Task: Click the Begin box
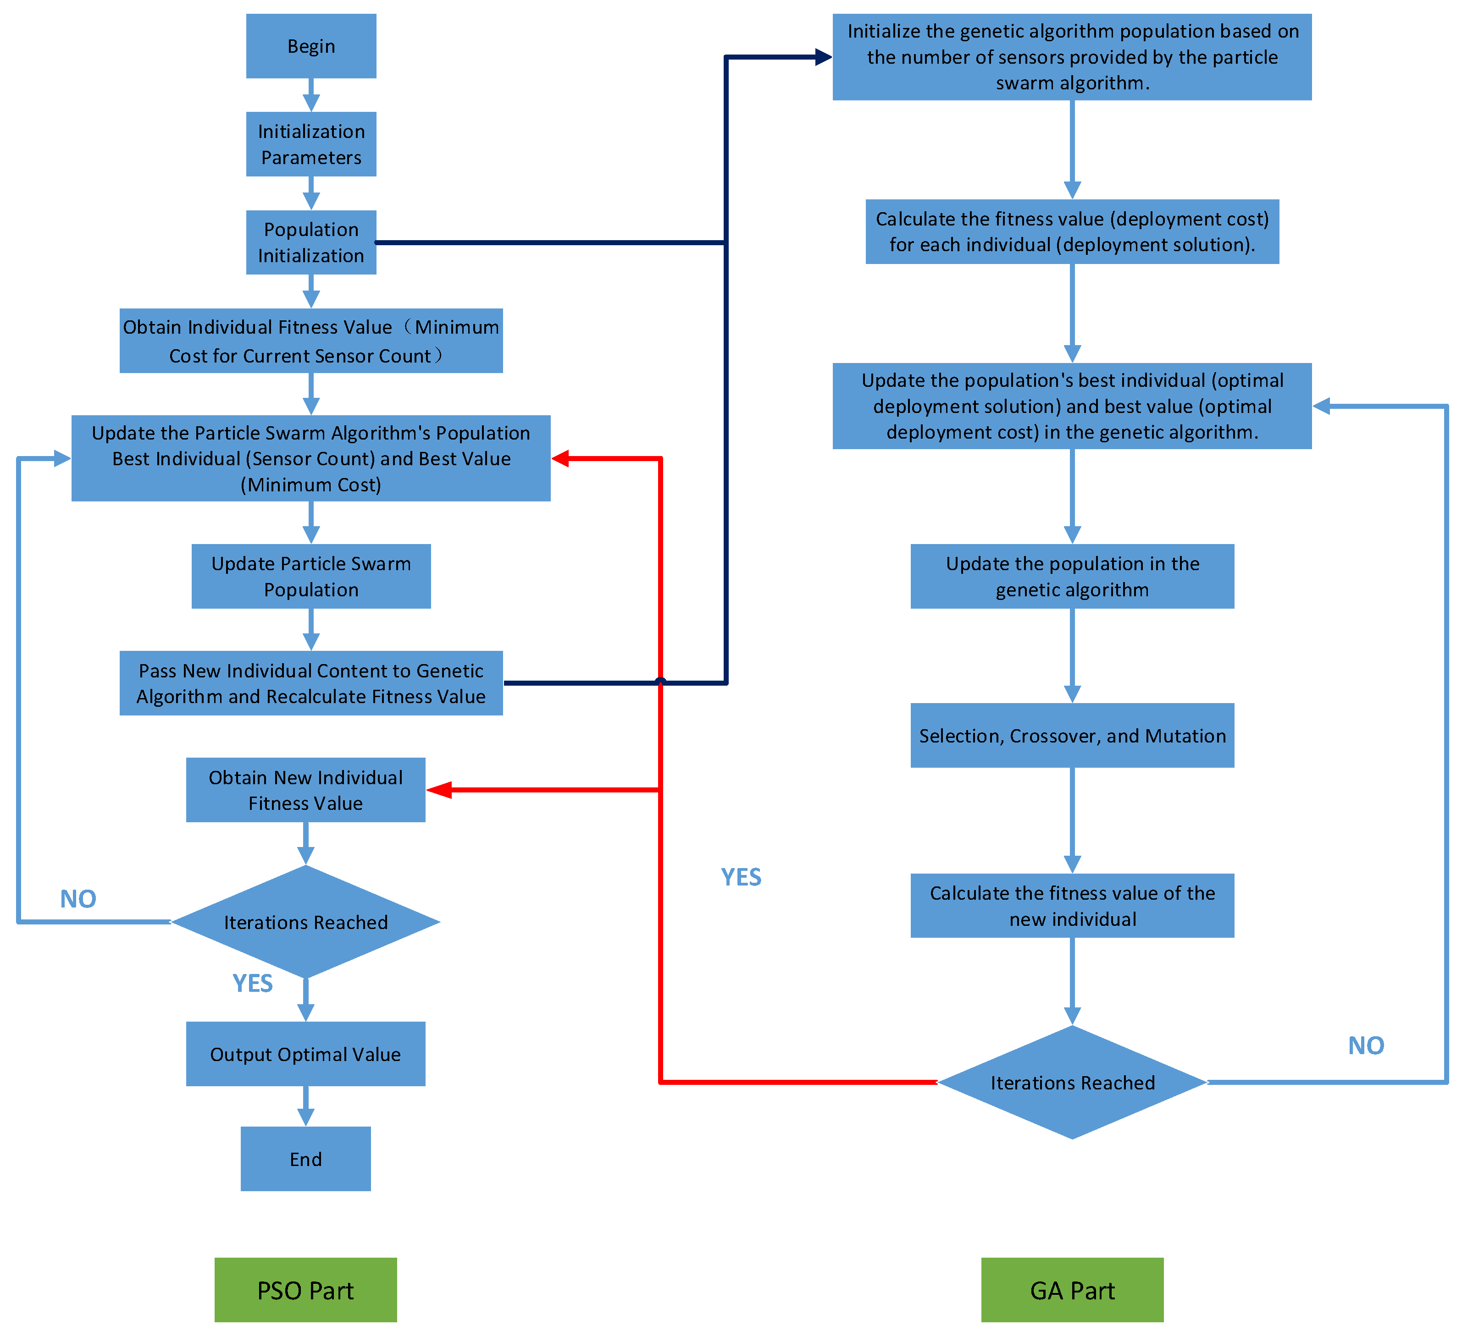point(310,46)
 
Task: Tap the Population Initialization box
point(310,242)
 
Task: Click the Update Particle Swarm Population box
point(310,576)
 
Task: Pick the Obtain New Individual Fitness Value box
point(305,790)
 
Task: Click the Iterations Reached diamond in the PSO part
point(305,922)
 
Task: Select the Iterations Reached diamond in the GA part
point(1072,1082)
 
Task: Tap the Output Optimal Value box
point(305,1054)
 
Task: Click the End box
point(305,1159)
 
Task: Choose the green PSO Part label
point(305,1290)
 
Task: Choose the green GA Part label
point(1072,1290)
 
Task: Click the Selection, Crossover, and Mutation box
point(1072,735)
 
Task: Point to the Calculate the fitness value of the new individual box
point(1072,906)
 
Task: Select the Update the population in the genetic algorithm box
point(1072,576)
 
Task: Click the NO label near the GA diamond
point(1366,1045)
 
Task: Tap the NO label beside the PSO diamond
point(78,899)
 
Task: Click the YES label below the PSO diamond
point(252,983)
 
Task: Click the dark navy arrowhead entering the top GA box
point(823,56)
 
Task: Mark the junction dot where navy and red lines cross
point(660,682)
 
